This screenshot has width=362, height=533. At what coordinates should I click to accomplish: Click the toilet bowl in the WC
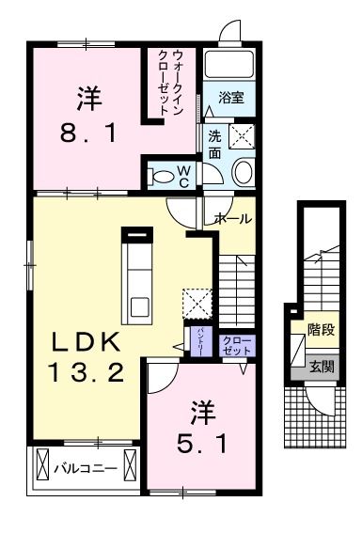[x=161, y=175]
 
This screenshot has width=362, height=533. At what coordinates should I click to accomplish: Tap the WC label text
[x=184, y=175]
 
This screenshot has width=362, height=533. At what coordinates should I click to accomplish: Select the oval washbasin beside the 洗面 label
[x=243, y=172]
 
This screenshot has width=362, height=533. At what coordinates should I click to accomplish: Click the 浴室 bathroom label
[x=232, y=97]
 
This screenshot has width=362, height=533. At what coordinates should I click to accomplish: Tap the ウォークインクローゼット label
[x=171, y=83]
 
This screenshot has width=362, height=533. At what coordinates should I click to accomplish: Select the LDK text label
[x=84, y=340]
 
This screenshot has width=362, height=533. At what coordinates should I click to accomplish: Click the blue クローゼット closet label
[x=232, y=343]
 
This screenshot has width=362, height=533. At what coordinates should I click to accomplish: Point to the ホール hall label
[x=232, y=218]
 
